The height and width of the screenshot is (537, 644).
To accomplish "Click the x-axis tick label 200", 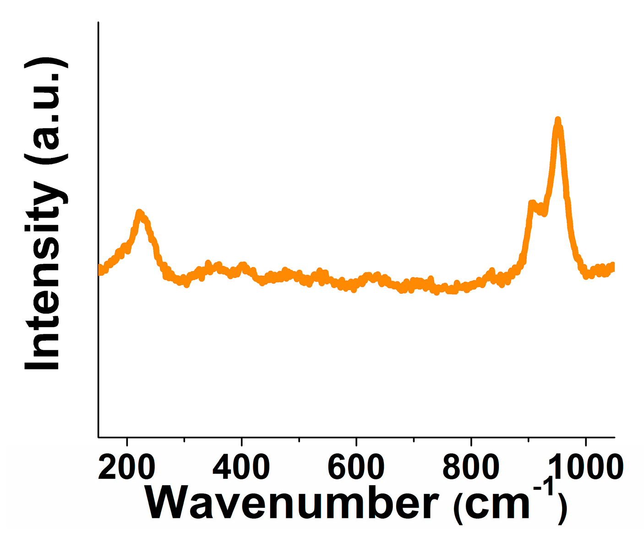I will coord(127,467).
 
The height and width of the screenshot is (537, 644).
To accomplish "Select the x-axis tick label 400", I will coord(241,467).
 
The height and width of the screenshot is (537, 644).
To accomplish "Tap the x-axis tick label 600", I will coord(356,467).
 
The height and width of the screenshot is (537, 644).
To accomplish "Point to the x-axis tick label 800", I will coord(471,467).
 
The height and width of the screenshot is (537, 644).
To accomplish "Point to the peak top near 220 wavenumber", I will coord(139,213).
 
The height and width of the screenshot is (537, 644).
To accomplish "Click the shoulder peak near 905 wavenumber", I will coord(531,202).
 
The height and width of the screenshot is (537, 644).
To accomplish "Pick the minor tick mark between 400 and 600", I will coord(299,440).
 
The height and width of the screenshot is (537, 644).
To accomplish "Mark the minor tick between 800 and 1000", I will coord(528,440).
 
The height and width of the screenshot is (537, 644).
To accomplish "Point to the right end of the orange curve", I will coord(613,267).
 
